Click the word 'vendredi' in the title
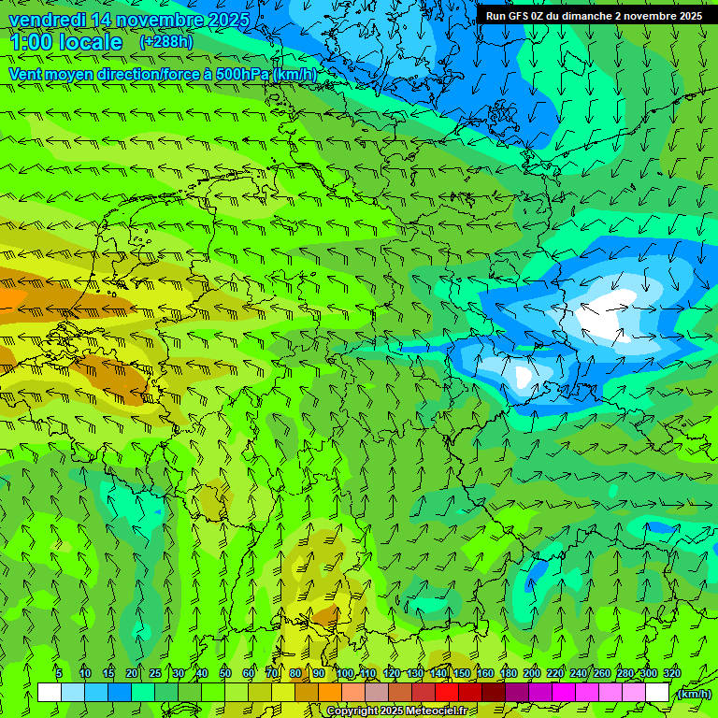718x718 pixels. (x=48, y=20)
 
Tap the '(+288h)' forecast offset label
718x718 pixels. (x=167, y=42)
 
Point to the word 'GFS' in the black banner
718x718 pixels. (x=521, y=16)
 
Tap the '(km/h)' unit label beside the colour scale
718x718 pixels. (x=693, y=694)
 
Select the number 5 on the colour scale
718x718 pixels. (x=59, y=674)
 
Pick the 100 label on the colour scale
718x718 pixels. (x=345, y=674)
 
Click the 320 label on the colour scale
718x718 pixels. (x=672, y=674)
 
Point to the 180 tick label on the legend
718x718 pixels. (x=509, y=674)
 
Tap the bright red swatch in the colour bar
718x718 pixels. (x=447, y=693)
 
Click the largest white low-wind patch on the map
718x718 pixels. (x=605, y=315)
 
